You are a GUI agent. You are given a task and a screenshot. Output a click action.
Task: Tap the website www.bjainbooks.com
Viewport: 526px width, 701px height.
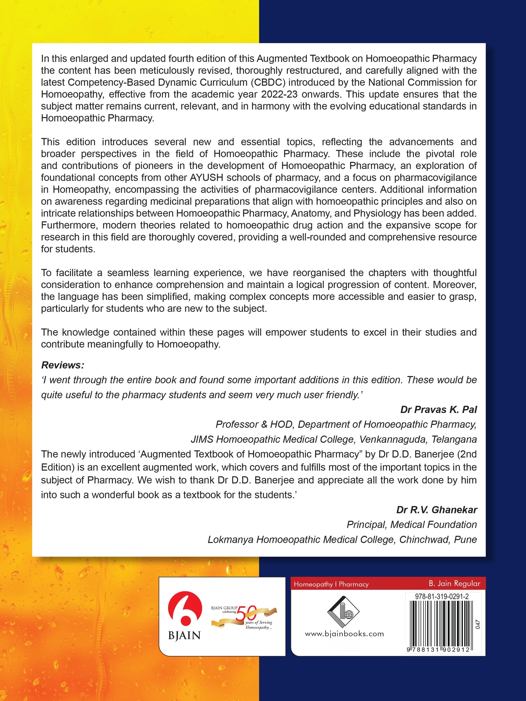[x=344, y=634]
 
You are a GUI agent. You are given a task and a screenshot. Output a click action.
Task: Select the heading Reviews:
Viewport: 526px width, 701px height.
[x=63, y=365]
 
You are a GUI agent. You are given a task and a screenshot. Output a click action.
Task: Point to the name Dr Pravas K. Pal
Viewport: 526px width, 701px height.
[x=438, y=410]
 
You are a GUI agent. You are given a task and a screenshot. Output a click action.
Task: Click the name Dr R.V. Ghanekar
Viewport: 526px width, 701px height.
[x=437, y=510]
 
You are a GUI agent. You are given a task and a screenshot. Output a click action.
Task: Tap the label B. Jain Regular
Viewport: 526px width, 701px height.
[x=454, y=583]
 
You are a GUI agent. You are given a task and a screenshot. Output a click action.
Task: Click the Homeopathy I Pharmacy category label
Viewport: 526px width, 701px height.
[x=331, y=584]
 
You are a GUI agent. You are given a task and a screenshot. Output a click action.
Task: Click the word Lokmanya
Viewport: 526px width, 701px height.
[x=230, y=539]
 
